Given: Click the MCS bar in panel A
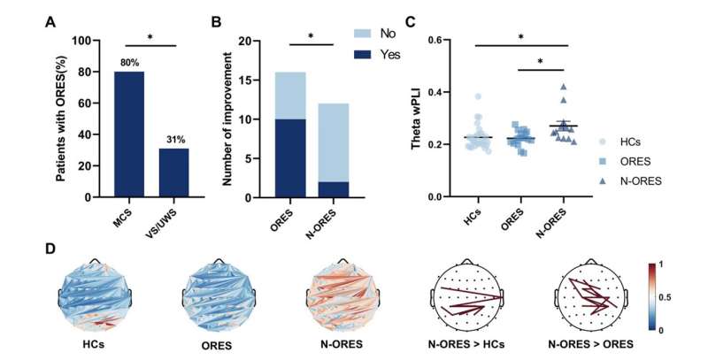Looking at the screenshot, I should tap(129, 134).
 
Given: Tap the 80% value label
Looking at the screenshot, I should tap(128, 62).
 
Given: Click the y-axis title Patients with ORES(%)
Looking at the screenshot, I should tap(62, 119).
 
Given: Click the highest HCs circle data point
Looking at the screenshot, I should tap(479, 96).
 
